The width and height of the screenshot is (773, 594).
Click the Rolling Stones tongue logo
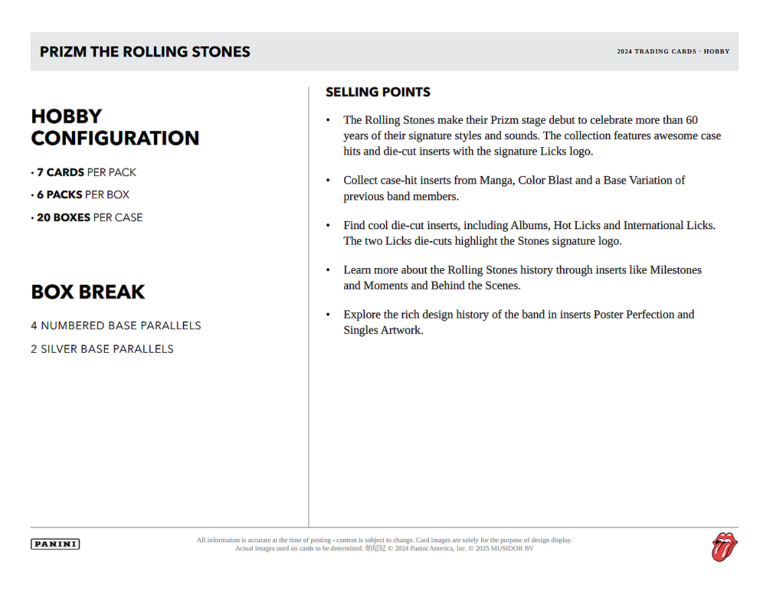pyautogui.click(x=725, y=546)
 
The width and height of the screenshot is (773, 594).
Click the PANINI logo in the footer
pyautogui.click(x=55, y=544)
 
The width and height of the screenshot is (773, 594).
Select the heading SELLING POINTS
pyautogui.click(x=378, y=92)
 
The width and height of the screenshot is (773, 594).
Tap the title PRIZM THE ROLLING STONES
pyautogui.click(x=145, y=52)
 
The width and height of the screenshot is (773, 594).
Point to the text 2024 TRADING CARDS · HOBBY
pyautogui.click(x=673, y=52)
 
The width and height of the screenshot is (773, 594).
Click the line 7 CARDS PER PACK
pyautogui.click(x=86, y=173)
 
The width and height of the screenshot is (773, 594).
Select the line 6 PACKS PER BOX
pyautogui.click(x=83, y=195)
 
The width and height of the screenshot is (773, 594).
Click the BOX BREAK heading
pyautogui.click(x=88, y=292)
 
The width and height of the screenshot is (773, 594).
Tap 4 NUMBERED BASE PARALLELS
pyautogui.click(x=116, y=326)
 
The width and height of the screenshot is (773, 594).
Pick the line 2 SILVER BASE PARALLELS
pyautogui.click(x=102, y=349)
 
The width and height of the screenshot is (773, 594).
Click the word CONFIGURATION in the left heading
pyautogui.click(x=115, y=138)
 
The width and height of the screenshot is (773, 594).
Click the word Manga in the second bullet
pyautogui.click(x=495, y=180)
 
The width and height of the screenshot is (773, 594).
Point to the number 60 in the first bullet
pyautogui.click(x=692, y=120)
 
